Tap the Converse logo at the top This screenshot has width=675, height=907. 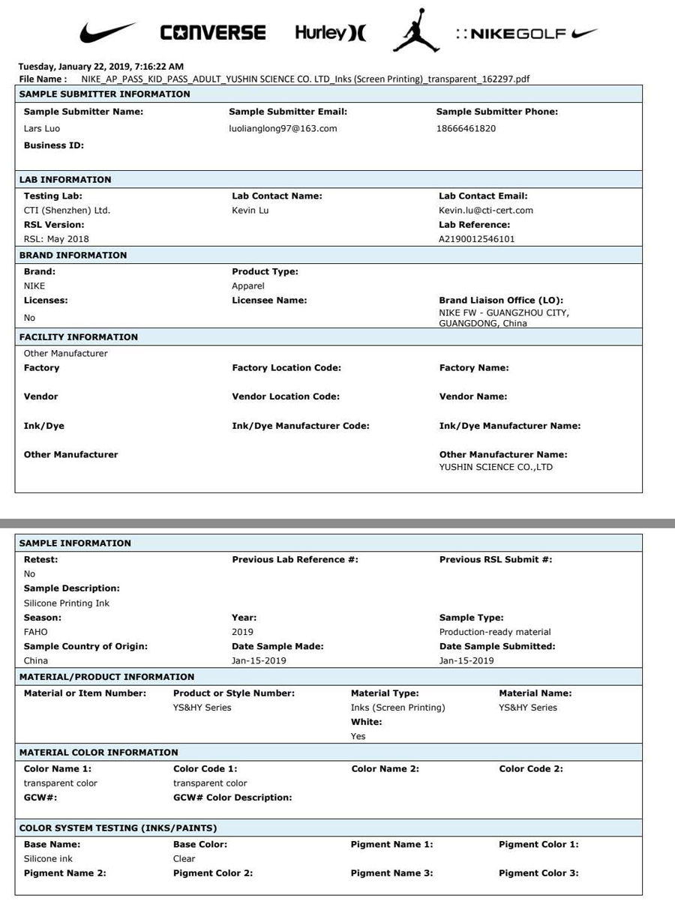(213, 33)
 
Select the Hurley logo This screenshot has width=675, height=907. (330, 33)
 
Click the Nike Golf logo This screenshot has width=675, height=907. (526, 34)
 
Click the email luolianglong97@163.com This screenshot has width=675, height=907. (283, 128)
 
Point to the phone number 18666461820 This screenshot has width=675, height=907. (466, 128)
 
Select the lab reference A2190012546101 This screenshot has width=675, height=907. (477, 239)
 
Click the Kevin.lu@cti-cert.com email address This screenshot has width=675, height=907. (486, 211)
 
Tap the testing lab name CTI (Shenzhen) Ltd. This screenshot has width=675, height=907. (67, 211)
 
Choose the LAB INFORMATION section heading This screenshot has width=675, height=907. (64, 180)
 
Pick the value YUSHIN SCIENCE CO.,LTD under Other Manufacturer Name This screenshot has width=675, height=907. (496, 467)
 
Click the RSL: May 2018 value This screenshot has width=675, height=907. (56, 239)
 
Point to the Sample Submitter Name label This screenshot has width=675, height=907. (83, 112)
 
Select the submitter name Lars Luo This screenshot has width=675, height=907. (42, 128)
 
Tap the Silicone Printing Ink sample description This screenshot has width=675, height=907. (66, 603)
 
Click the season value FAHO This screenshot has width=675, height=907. (35, 632)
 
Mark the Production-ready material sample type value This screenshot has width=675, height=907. (495, 632)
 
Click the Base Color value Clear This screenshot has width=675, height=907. (184, 859)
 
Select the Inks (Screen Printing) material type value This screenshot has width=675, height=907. (397, 708)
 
